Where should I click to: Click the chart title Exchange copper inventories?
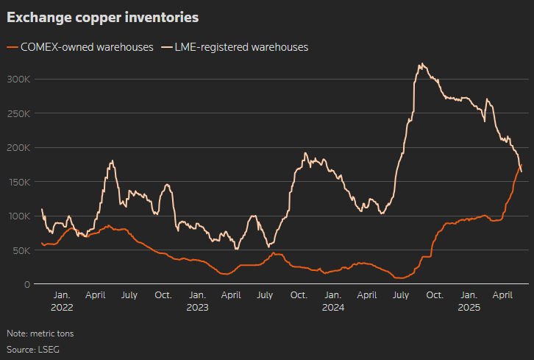pyautogui.click(x=102, y=16)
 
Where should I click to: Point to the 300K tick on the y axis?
pyautogui.click(x=19, y=79)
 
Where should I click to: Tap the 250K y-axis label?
pyautogui.click(x=19, y=113)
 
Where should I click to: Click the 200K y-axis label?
pyautogui.click(x=19, y=147)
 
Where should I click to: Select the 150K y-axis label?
pyautogui.click(x=19, y=182)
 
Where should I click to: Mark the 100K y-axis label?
pyautogui.click(x=19, y=216)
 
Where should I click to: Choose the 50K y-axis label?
pyautogui.click(x=21, y=250)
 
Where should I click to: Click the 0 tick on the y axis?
pyautogui.click(x=27, y=284)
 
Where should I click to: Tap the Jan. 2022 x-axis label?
pyautogui.click(x=62, y=301)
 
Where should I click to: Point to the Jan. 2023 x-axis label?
pyautogui.click(x=197, y=301)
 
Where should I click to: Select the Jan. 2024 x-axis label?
pyautogui.click(x=332, y=301)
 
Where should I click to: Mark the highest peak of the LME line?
pyautogui.click(x=421, y=64)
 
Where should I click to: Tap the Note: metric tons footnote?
pyautogui.click(x=40, y=333)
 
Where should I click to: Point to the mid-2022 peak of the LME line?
pyautogui.click(x=112, y=160)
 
